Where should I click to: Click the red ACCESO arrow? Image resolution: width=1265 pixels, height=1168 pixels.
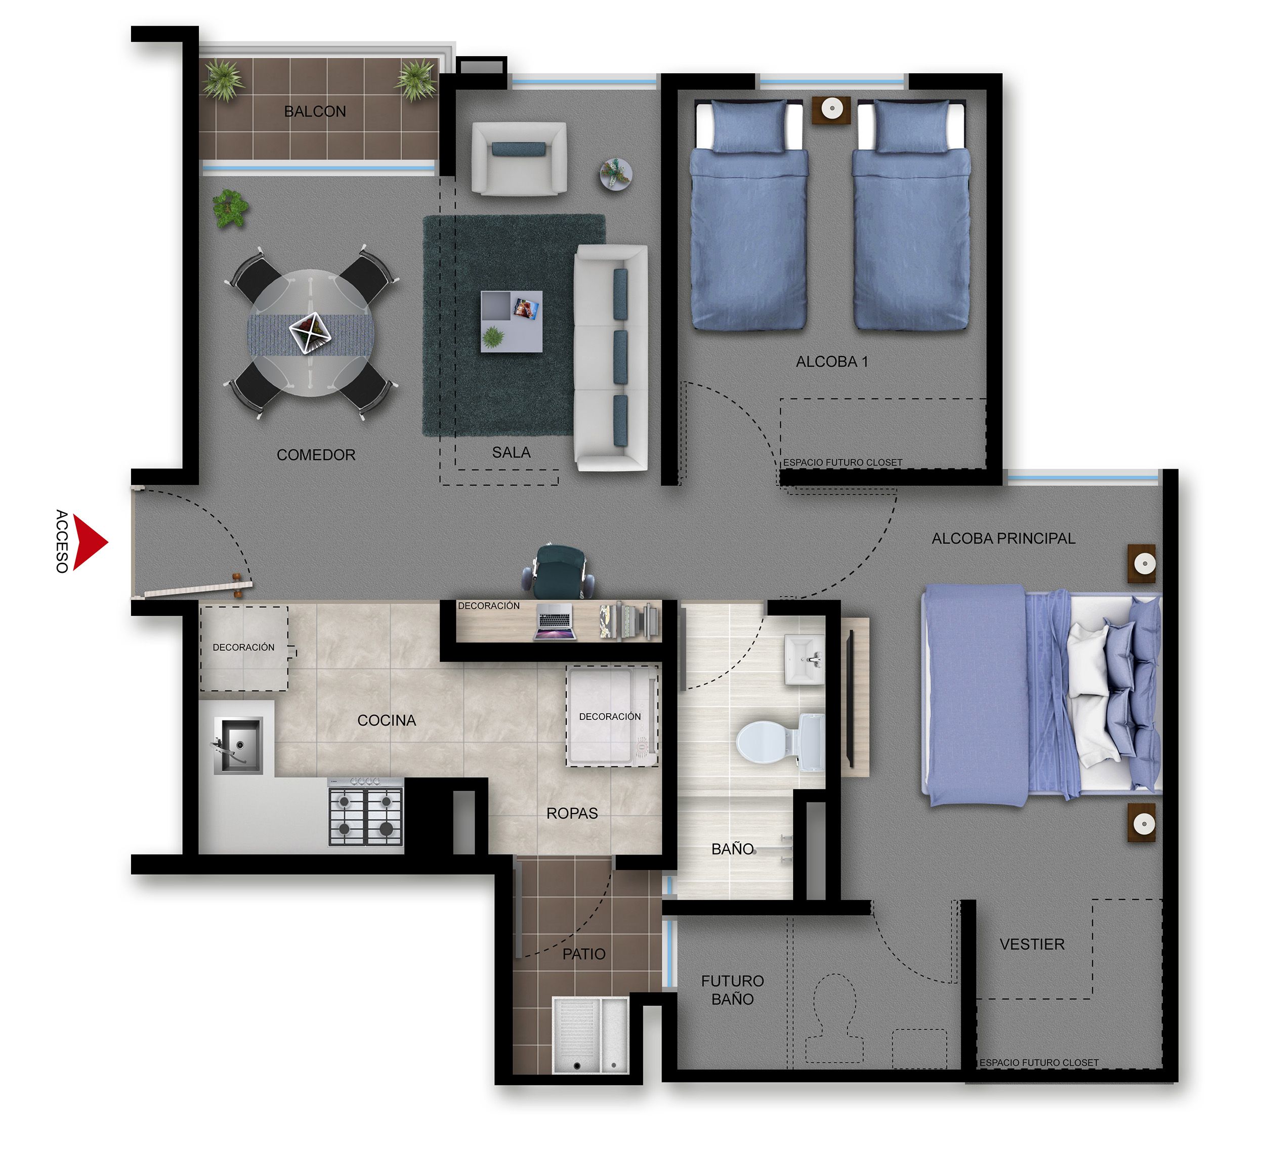point(89,542)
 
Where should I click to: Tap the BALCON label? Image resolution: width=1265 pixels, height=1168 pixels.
point(315,112)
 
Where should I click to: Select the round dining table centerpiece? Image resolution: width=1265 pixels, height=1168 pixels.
point(310,333)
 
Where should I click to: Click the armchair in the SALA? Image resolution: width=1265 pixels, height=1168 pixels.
point(519,158)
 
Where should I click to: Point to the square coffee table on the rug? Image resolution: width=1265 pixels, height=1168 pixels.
point(511,321)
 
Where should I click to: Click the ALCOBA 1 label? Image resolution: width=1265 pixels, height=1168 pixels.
point(832,362)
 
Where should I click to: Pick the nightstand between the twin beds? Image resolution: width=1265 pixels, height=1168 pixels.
point(831,109)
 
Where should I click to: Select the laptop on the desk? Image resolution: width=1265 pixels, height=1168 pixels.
point(555,621)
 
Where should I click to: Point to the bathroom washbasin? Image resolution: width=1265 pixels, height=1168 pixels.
point(804,660)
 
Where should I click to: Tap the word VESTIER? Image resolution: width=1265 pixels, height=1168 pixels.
point(1032,945)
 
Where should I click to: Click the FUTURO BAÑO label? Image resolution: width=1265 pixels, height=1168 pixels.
point(733,990)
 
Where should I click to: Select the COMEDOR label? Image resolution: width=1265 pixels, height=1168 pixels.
point(316,455)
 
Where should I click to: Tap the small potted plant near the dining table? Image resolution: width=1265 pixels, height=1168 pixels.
point(230,208)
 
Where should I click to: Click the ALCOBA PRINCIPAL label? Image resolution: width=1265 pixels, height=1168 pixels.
point(1003,538)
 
